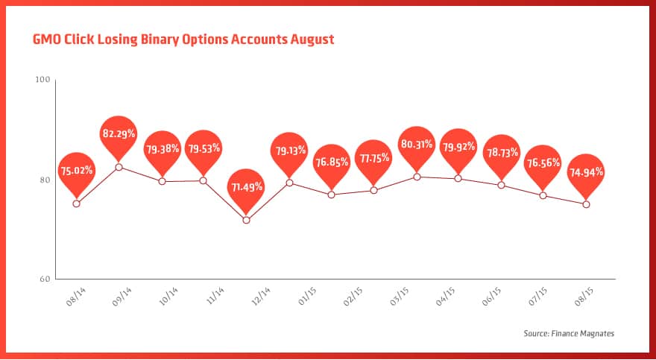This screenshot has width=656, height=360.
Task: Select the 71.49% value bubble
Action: pyautogui.click(x=246, y=186)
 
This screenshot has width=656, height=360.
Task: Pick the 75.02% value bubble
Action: pyautogui.click(x=77, y=170)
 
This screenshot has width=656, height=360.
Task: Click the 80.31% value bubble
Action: pyautogui.click(x=417, y=144)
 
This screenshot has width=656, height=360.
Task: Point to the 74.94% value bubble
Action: pyautogui.click(x=586, y=171)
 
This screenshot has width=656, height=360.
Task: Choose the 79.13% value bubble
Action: pyautogui.click(x=289, y=149)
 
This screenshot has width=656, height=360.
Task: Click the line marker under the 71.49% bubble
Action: pyautogui.click(x=246, y=220)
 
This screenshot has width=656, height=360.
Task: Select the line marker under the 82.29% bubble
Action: pyautogui.click(x=119, y=167)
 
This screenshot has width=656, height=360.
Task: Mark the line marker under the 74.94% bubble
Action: pyautogui.click(x=586, y=204)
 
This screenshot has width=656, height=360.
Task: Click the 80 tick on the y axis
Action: pyautogui.click(x=43, y=180)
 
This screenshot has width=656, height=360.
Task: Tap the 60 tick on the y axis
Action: pyautogui.click(x=43, y=280)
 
